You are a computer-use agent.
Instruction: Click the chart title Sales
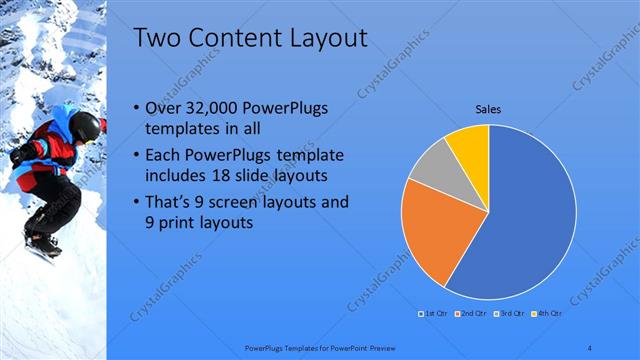tap(488, 109)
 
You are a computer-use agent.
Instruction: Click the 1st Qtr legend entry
tap(433, 315)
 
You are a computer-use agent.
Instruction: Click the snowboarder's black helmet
tap(86, 125)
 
